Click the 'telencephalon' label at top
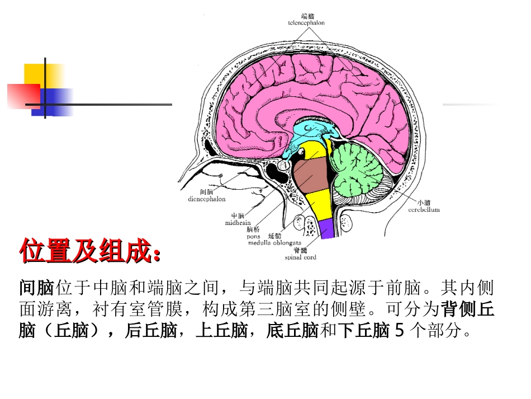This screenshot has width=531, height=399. (x=306, y=23)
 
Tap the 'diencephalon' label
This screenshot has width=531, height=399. (x=207, y=198)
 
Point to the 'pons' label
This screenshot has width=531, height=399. (x=253, y=236)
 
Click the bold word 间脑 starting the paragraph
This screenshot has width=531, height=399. (x=36, y=288)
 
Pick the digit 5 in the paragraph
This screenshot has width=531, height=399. (x=399, y=331)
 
